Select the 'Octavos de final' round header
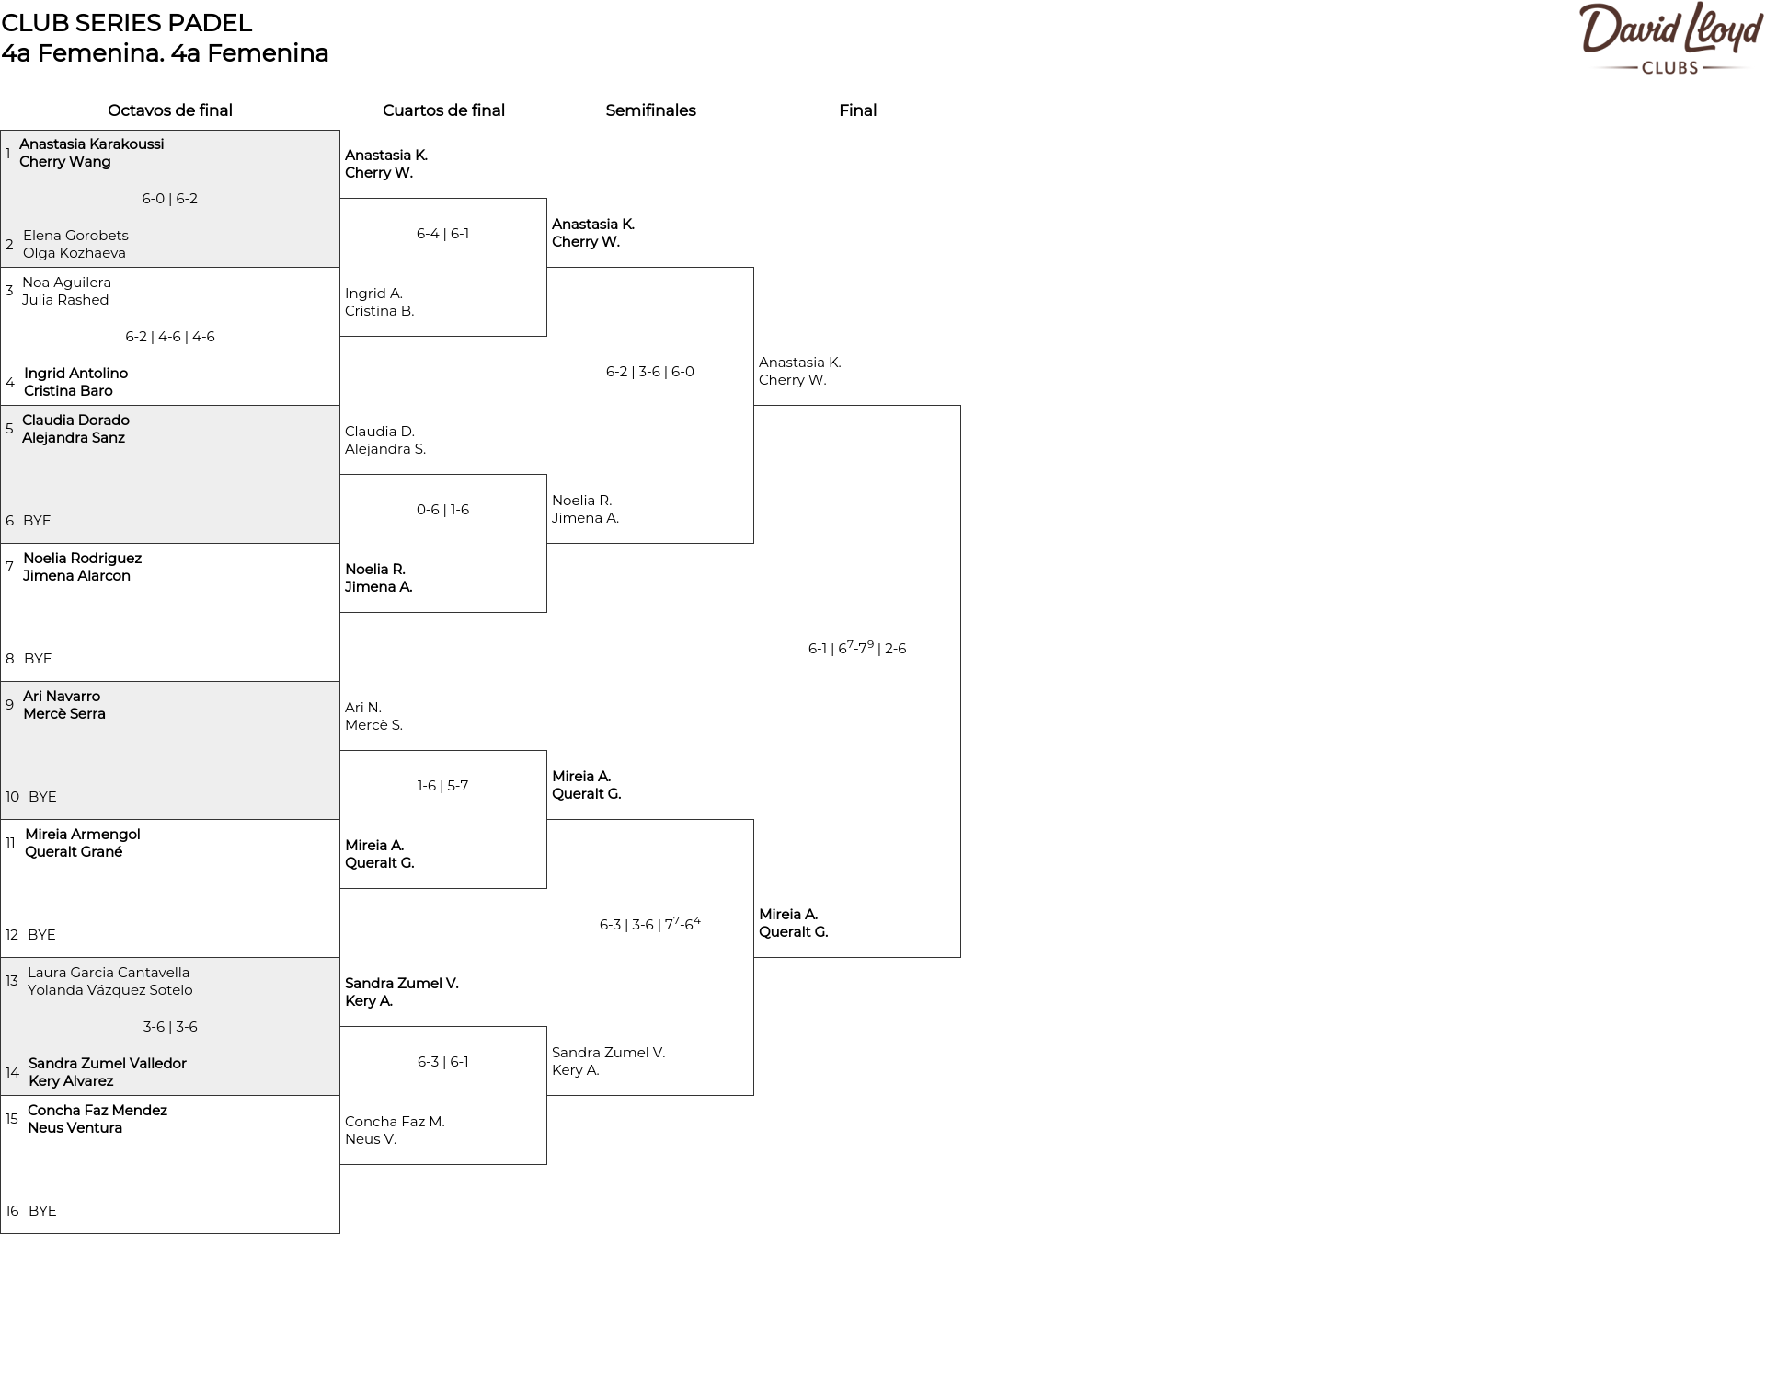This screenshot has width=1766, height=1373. tap(170, 110)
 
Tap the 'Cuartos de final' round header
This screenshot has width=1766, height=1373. tap(443, 110)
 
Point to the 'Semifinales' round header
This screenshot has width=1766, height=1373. tap(650, 110)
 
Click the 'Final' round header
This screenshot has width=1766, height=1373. tap(857, 110)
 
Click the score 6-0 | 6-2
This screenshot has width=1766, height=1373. tap(170, 199)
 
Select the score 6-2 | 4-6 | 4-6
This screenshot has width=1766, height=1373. tap(170, 337)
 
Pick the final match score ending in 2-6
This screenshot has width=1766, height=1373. tap(857, 648)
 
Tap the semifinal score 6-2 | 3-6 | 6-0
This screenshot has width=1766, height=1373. tap(650, 372)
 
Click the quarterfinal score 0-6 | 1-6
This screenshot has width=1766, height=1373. tap(442, 510)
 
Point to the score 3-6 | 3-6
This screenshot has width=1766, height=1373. tap(170, 1027)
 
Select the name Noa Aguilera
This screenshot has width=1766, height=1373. tap(66, 283)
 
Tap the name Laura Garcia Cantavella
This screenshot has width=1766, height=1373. tap(109, 973)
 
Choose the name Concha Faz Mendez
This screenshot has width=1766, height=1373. tap(97, 1111)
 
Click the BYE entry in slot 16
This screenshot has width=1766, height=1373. tap(42, 1211)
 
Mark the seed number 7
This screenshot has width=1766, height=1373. tap(9, 567)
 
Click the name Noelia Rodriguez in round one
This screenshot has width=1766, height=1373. tap(82, 559)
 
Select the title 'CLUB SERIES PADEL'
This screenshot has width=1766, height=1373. tap(127, 23)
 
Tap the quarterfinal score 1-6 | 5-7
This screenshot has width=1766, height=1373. tap(442, 786)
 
